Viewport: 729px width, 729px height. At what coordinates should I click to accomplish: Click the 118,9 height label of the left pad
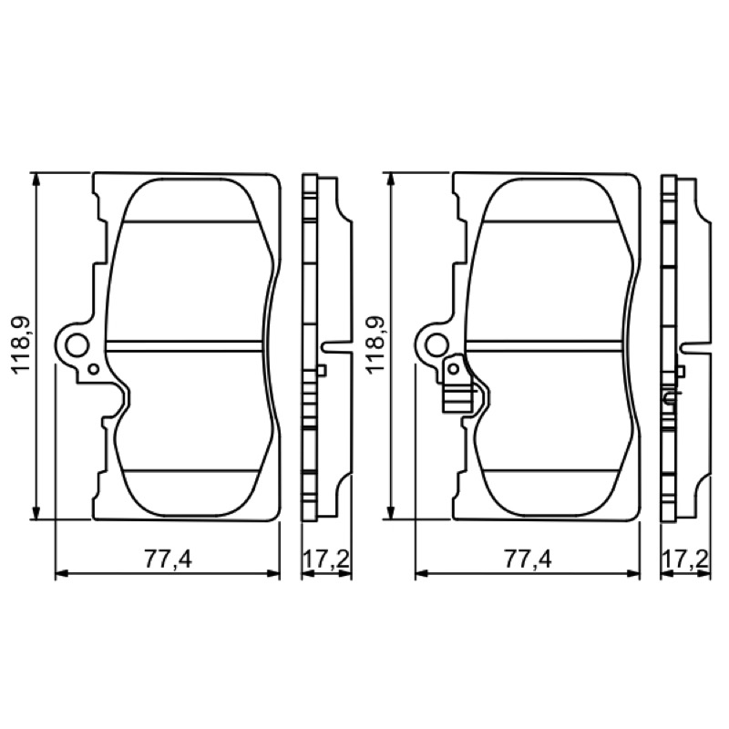coord(21,345)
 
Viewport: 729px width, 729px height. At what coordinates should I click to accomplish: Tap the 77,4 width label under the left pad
coord(168,560)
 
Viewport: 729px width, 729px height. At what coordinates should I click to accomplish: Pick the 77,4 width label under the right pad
coord(528,560)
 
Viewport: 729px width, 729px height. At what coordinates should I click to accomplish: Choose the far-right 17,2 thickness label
coord(686,559)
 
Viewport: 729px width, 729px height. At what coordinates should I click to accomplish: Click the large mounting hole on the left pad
coord(77,346)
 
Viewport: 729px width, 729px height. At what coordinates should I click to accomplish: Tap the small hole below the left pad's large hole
coord(94,369)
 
